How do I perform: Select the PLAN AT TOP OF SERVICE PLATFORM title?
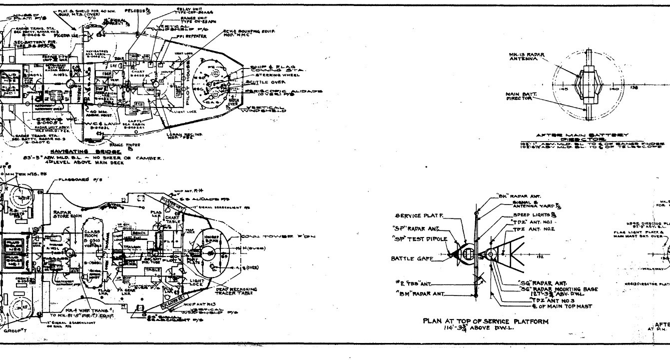[x=485, y=321]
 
